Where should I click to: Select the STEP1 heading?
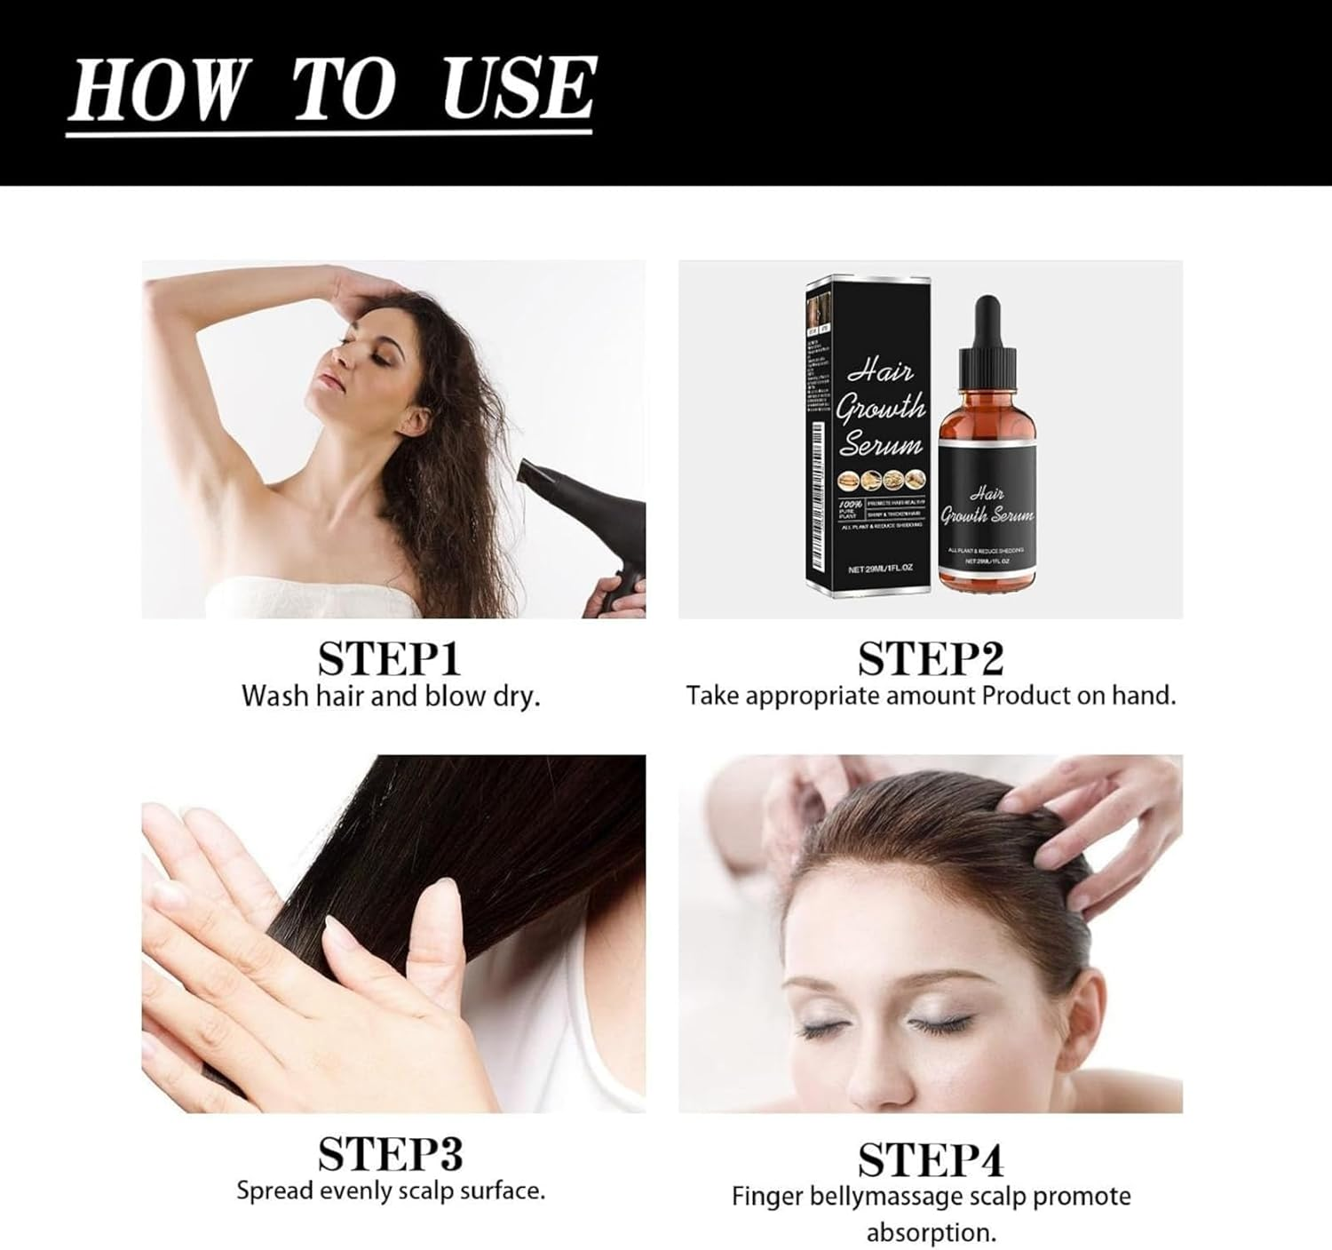(x=390, y=659)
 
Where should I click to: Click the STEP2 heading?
(x=930, y=659)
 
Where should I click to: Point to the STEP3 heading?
(x=390, y=1154)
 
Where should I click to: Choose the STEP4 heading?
(x=930, y=1159)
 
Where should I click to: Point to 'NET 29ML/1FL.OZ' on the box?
(x=881, y=568)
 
